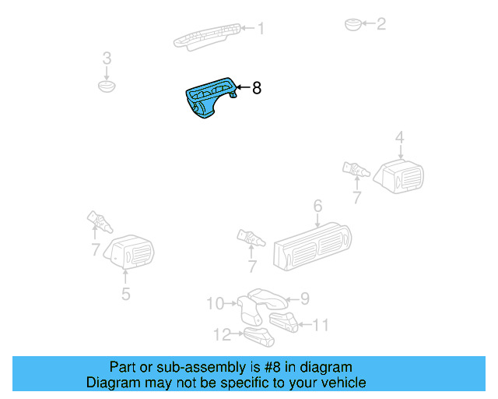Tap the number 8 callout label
point(256,89)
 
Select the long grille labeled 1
point(207,36)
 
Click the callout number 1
point(261,29)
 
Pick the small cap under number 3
point(107,83)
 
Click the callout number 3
point(107,58)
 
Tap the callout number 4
point(400,139)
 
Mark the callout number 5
point(125,294)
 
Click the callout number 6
point(317,206)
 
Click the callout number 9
point(305,298)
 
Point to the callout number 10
point(215,302)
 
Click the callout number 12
point(223,334)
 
